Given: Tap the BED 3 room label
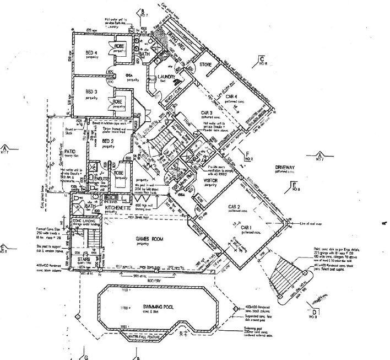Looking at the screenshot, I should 90,92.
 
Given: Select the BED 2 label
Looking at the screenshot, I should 108,141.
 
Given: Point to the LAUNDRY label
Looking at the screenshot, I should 166,77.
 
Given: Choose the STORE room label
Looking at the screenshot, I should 205,65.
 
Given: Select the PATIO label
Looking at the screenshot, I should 70,150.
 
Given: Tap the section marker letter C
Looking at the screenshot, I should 263,58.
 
